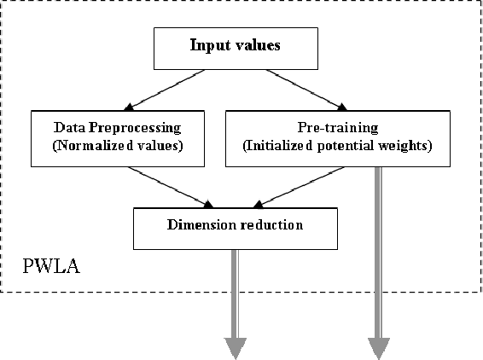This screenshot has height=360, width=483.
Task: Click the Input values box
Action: click(x=234, y=47)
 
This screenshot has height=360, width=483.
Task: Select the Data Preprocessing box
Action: click(x=117, y=137)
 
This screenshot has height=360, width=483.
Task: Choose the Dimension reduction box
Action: click(x=236, y=226)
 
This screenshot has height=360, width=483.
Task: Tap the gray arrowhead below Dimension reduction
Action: click(x=236, y=347)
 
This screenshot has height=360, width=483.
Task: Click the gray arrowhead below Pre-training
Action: click(x=379, y=347)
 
